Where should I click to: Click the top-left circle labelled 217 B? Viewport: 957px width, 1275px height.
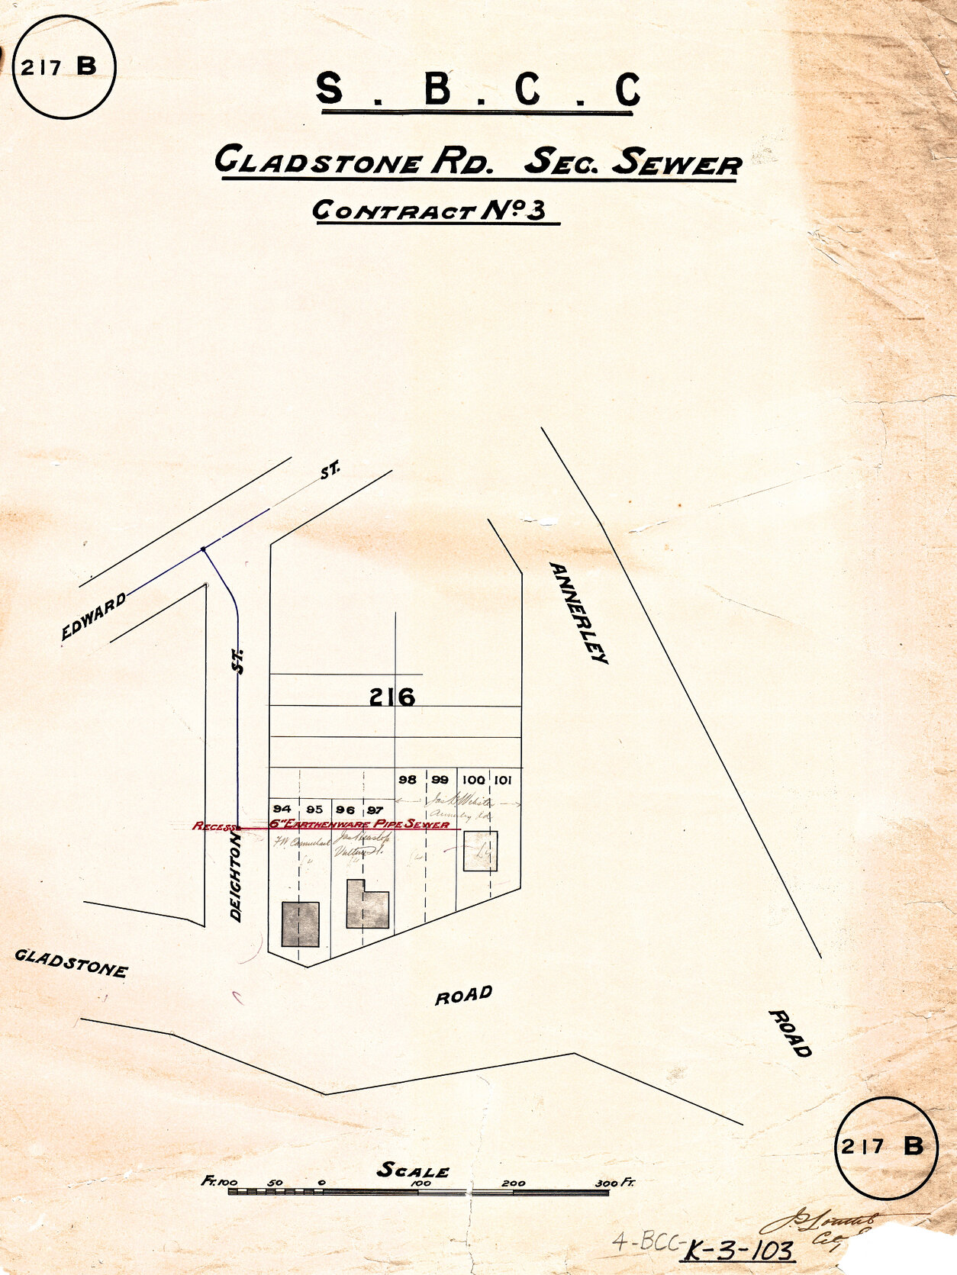tap(64, 68)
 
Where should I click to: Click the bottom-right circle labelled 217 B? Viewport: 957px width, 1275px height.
tap(885, 1147)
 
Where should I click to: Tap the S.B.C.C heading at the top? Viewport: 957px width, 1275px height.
tap(478, 90)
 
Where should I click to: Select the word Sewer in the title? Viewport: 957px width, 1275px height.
tap(677, 163)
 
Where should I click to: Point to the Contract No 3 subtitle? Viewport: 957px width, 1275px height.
tap(430, 210)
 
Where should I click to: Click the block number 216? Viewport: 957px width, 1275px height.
tap(392, 697)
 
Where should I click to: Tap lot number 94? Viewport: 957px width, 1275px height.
tap(282, 809)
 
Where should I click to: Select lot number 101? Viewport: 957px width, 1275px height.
tap(502, 780)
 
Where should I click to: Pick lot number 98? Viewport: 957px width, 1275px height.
tap(408, 780)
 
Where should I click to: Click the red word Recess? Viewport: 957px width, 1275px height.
tap(214, 826)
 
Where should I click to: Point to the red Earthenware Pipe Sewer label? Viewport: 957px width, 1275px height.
tap(359, 824)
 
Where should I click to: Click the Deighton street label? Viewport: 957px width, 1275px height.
tap(237, 877)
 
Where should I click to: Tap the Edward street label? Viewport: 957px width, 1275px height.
tap(93, 617)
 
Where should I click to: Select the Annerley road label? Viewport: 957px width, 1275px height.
tap(579, 613)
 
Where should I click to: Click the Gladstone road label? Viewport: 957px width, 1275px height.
tap(71, 963)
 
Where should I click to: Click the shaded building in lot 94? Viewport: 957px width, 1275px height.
tap(300, 923)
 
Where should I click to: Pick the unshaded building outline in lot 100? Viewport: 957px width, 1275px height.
tap(481, 851)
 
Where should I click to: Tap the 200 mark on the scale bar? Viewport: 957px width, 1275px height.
tap(514, 1183)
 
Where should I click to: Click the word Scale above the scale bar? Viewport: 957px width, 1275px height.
tap(413, 1170)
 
